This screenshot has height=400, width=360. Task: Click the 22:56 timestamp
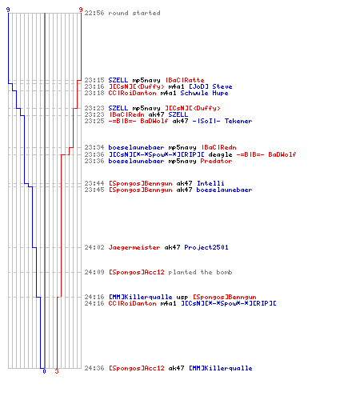pyautogui.click(x=94, y=13)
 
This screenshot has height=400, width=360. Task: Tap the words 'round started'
pyautogui.click(x=134, y=13)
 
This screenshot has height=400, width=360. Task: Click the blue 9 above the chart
pyautogui.click(x=8, y=10)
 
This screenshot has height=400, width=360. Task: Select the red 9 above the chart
pyautogui.click(x=81, y=10)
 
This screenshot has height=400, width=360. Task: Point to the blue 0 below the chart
pyautogui.click(x=44, y=371)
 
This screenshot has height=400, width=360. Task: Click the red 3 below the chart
pyautogui.click(x=57, y=371)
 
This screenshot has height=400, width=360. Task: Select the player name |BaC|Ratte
pyautogui.click(x=185, y=80)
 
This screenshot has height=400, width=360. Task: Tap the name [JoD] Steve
pyautogui.click(x=210, y=86)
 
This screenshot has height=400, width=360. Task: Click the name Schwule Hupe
pyautogui.click(x=204, y=93)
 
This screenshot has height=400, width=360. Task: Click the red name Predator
pyautogui.click(x=216, y=161)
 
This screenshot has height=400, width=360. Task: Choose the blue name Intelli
pyautogui.click(x=210, y=183)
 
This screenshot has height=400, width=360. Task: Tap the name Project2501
pyautogui.click(x=206, y=247)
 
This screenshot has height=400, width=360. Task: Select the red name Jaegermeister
pyautogui.click(x=134, y=247)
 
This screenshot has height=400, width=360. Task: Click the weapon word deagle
pyautogui.click(x=220, y=154)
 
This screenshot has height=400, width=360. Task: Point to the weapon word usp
pyautogui.click(x=182, y=297)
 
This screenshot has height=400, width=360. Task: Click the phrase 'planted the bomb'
pyautogui.click(x=200, y=272)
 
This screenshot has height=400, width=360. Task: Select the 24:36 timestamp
pyautogui.click(x=94, y=368)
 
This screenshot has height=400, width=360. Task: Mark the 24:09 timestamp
pyautogui.click(x=94, y=272)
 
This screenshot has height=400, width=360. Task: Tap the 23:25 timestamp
pyautogui.click(x=94, y=121)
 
